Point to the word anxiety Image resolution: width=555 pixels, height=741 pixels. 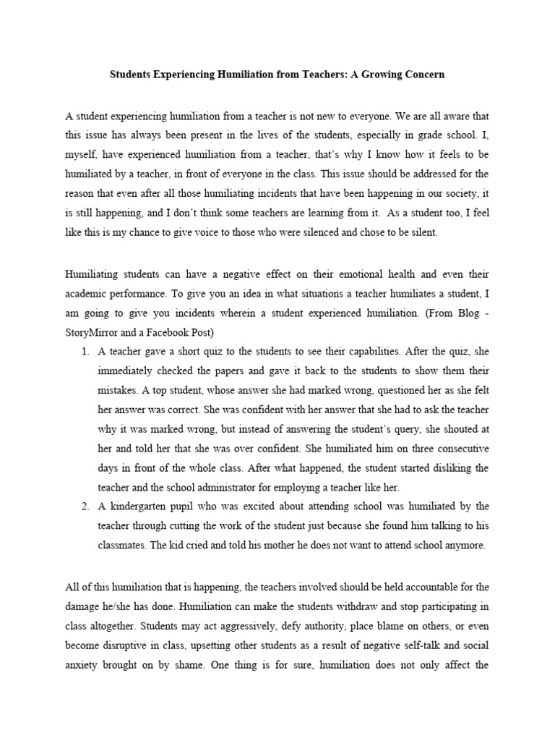click(83, 664)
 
